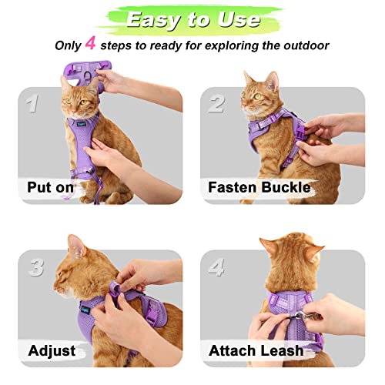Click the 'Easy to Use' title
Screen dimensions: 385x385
(x=192, y=19)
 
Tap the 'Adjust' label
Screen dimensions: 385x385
(x=52, y=350)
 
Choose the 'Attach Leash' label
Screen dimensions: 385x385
(x=256, y=350)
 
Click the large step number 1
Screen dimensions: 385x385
(x=32, y=102)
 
